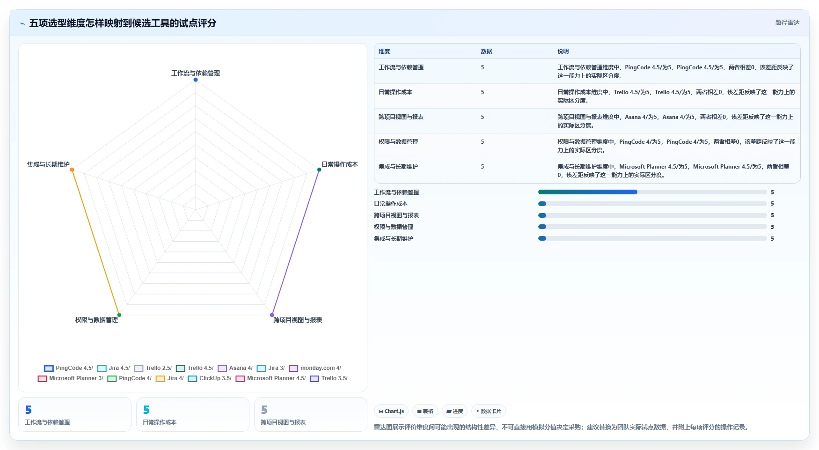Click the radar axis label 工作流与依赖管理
pyautogui.click(x=196, y=73)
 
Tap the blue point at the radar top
pyautogui.click(x=196, y=80)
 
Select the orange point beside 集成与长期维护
pyautogui.click(x=72, y=170)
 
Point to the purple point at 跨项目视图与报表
pyautogui.click(x=272, y=315)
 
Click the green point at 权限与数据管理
pyautogui.click(x=119, y=315)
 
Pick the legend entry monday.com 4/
pyautogui.click(x=315, y=368)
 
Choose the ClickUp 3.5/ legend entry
pyautogui.click(x=210, y=378)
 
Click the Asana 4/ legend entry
pyautogui.click(x=235, y=368)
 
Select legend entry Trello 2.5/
pyautogui.click(x=153, y=368)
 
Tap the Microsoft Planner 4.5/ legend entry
pyautogui.click(x=271, y=378)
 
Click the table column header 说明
pyautogui.click(x=563, y=52)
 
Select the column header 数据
pyautogui.click(x=486, y=52)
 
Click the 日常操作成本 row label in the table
pyautogui.click(x=395, y=92)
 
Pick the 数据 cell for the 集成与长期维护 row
pyautogui.click(x=483, y=167)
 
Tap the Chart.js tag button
pyautogui.click(x=391, y=411)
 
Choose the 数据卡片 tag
pyautogui.click(x=489, y=411)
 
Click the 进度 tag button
pyautogui.click(x=454, y=411)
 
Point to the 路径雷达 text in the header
pyautogui.click(x=788, y=22)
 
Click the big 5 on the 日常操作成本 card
pyautogui.click(x=146, y=410)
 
